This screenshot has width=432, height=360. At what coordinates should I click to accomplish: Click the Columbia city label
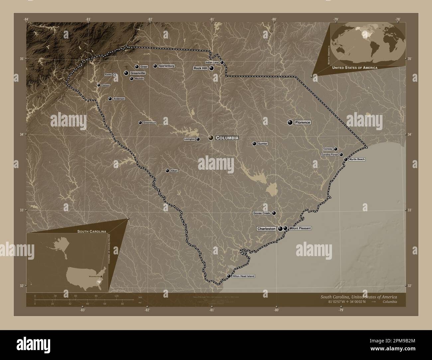(x=227, y=138)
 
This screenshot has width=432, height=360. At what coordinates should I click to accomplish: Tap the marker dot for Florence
(x=290, y=123)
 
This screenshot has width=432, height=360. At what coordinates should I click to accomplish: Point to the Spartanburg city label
(x=166, y=66)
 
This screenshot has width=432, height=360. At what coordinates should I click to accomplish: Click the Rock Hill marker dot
(x=211, y=68)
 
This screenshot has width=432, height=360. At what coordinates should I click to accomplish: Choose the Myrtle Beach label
(x=357, y=159)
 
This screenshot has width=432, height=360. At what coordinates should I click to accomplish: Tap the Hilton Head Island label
(x=243, y=276)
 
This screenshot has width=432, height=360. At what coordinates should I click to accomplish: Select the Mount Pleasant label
(x=300, y=228)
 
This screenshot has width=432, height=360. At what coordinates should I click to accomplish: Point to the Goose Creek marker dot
(x=274, y=213)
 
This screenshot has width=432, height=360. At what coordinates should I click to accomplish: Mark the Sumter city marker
(x=254, y=144)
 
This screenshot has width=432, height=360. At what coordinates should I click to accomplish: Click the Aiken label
(x=174, y=171)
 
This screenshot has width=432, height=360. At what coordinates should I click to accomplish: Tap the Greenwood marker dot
(x=140, y=123)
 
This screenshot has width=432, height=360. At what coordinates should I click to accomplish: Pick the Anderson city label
(x=119, y=99)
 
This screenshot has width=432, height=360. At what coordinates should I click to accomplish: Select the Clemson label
(x=105, y=85)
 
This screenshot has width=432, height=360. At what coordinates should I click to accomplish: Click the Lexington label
(x=189, y=139)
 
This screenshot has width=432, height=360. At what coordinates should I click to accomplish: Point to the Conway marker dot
(x=336, y=149)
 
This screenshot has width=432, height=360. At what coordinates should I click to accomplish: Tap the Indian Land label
(x=212, y=62)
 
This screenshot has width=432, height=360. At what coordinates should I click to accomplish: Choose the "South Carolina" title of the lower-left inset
(x=92, y=231)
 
